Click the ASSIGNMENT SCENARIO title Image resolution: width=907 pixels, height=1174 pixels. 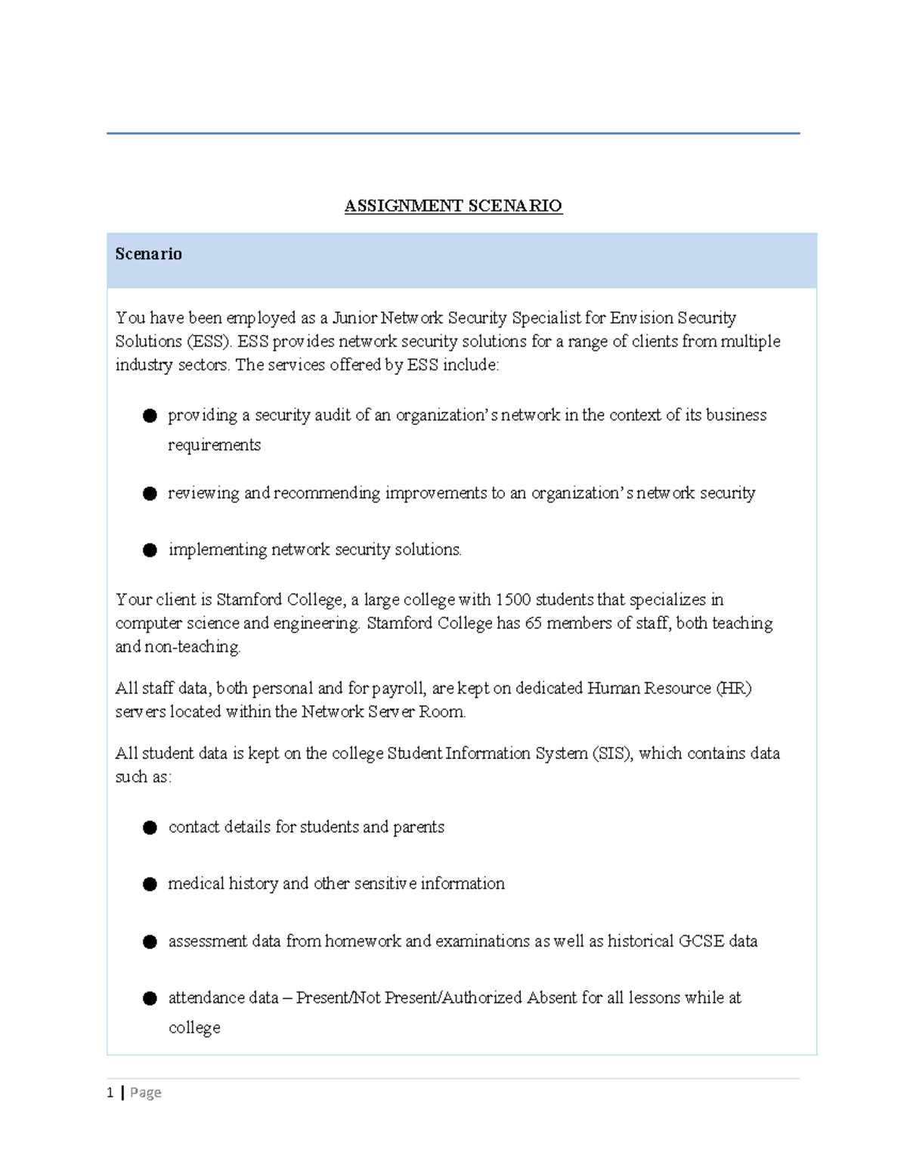pos(453,206)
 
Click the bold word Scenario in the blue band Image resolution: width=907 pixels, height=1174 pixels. pos(148,254)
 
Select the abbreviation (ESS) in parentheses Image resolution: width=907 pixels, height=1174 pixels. pos(209,342)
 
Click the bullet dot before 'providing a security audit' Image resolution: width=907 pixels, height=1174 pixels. pos(150,416)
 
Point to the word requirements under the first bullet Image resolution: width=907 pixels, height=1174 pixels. pos(214,445)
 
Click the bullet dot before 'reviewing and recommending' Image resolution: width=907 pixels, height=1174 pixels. pos(150,494)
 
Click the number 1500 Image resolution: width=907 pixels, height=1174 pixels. pos(513,600)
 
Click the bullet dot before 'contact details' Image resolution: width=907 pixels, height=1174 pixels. pos(150,828)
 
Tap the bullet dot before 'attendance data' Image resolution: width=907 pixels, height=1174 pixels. pos(150,999)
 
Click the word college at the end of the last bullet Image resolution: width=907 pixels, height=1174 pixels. pos(194,1028)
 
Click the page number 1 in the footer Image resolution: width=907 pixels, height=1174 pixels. pos(110,1092)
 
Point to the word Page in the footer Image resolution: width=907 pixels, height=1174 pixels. pos(146,1092)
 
